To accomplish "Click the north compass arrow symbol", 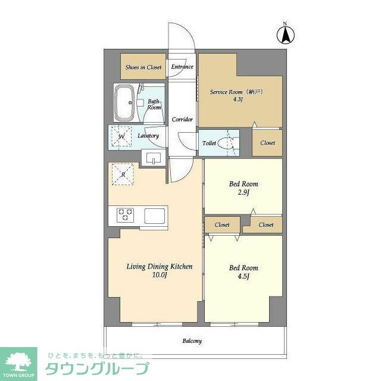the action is coord(286,35).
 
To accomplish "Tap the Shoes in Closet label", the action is coord(143,67).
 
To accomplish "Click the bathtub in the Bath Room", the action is coord(124,102).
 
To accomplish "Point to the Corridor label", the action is coord(182,119).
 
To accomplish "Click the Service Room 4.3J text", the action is coord(237,95).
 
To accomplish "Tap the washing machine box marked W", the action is coord(121,136).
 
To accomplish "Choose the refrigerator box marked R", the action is coord(123,174).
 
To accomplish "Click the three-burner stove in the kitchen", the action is coord(125,215).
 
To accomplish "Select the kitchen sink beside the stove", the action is coord(155,216).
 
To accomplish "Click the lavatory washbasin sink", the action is coord(154,158).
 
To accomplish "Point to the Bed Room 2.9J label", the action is coord(243,188).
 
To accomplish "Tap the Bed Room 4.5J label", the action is coord(243,272).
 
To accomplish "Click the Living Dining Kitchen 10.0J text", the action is coord(160,270).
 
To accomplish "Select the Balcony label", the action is coord(192,341).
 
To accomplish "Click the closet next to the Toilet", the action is coord(267,143).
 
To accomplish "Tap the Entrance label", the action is coord(182,67).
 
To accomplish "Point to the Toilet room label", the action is coord(209,143).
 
